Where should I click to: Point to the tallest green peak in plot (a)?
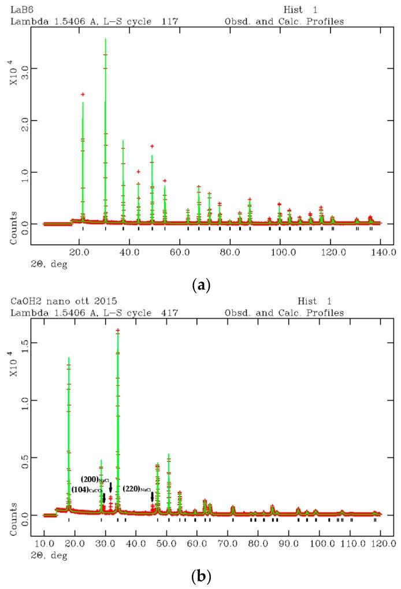[105, 40]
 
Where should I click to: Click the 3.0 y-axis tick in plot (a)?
[36, 68]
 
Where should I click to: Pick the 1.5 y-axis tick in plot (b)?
[36, 342]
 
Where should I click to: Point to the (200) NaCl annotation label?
[95, 479]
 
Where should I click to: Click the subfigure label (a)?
[200, 285]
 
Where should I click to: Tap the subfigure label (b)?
[200, 576]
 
